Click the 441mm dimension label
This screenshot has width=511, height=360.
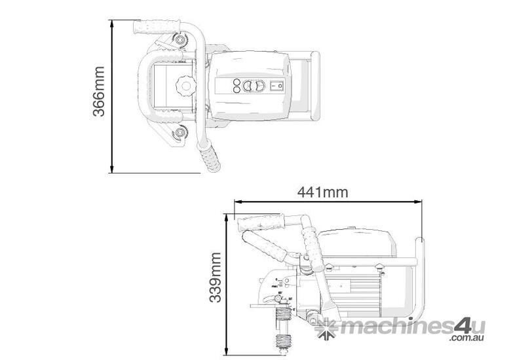[323, 192]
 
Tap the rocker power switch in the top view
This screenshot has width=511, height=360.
[276, 85]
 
